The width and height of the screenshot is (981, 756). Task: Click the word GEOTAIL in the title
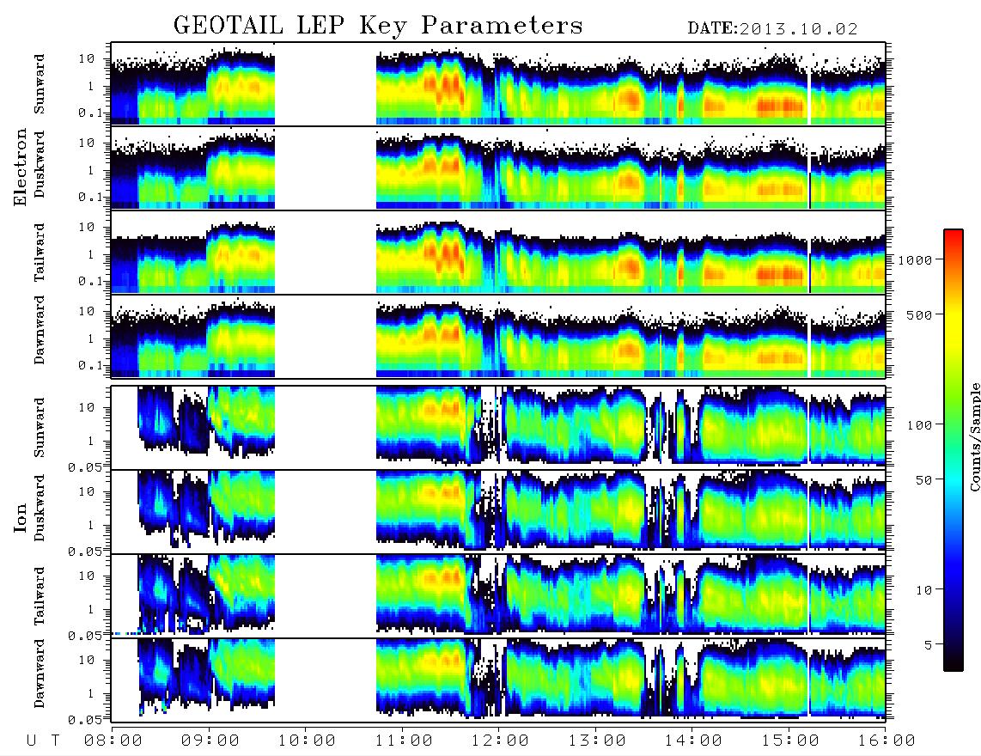(228, 26)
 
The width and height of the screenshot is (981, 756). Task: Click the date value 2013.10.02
(798, 29)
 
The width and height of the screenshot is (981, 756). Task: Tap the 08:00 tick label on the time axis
(113, 741)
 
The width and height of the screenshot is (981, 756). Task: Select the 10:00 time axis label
(307, 741)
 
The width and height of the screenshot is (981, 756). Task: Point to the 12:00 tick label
(500, 741)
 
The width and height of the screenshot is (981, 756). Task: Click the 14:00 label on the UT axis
(693, 741)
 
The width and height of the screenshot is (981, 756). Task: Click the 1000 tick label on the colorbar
(915, 260)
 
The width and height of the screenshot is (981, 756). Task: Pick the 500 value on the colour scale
(919, 314)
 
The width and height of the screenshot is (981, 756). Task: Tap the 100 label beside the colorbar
(919, 425)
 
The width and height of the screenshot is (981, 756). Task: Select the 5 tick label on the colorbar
(929, 644)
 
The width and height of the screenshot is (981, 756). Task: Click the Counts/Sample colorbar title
(974, 436)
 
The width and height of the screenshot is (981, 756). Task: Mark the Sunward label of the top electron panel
(40, 83)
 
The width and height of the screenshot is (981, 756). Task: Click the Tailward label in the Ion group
(40, 596)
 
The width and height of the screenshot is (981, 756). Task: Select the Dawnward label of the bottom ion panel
(40, 673)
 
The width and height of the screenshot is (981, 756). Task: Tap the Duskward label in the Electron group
(40, 164)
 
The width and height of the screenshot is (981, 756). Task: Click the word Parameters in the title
(502, 26)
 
